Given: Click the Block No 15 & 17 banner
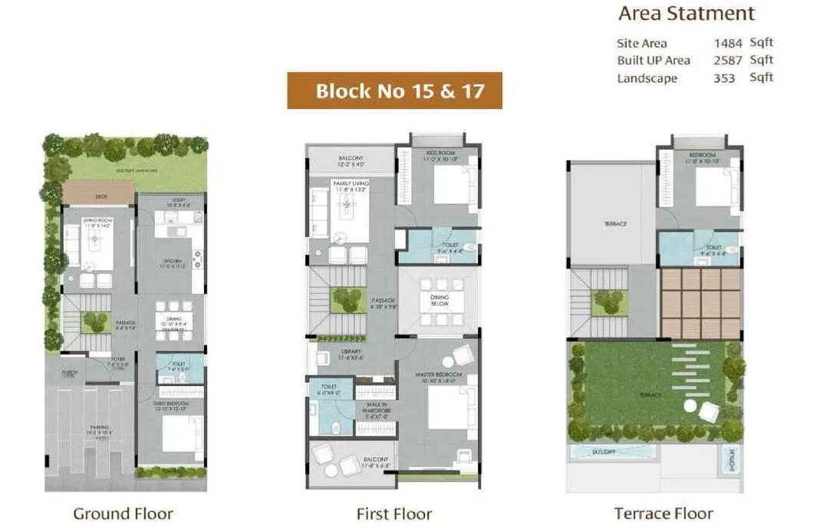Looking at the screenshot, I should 394,91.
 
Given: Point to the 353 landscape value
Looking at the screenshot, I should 724,78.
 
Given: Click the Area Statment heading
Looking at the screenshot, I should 686,14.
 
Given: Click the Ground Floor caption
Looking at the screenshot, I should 123,513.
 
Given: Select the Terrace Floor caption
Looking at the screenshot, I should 663,513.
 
